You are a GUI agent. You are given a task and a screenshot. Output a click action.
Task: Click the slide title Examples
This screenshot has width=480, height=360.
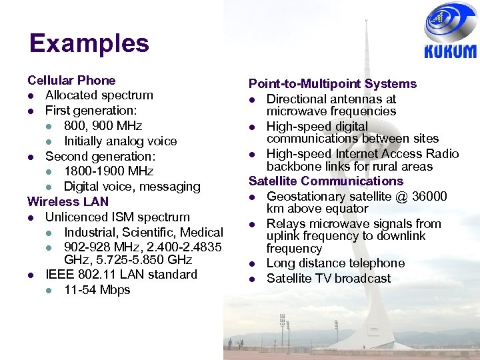tap(89, 43)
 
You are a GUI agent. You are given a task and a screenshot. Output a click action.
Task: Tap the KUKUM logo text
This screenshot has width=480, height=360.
tap(450, 52)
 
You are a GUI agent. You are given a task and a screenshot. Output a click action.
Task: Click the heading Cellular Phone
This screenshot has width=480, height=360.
tap(71, 81)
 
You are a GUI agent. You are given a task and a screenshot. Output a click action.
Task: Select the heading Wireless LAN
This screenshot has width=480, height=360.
tap(68, 201)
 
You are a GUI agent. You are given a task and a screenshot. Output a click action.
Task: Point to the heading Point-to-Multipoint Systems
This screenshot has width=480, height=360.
tap(332, 84)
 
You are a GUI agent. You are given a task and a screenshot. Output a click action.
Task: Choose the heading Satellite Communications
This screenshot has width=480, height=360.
tap(325, 181)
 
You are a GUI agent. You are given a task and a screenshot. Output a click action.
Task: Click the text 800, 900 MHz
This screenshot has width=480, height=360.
tap(103, 126)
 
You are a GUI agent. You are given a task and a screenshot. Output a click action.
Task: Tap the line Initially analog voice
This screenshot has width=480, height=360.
tap(120, 141)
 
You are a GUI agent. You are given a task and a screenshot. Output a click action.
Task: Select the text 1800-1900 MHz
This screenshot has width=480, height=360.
tap(109, 171)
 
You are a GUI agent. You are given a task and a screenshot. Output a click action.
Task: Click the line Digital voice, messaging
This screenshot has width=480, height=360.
tap(132, 187)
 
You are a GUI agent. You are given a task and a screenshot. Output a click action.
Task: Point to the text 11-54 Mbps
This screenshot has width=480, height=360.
tap(97, 290)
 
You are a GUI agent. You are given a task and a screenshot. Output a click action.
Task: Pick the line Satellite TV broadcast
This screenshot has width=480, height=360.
tap(329, 279)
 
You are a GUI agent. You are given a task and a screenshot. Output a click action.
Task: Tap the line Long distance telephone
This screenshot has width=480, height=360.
tap(335, 263)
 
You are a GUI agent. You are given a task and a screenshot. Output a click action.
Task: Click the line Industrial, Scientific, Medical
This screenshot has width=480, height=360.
tap(143, 233)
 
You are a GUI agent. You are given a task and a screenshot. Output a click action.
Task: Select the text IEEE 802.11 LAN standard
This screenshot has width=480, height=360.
tap(121, 275)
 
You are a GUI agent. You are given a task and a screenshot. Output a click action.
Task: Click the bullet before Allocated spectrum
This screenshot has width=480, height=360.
tap(31, 96)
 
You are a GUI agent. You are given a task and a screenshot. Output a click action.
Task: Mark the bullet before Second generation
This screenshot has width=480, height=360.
tap(31, 157)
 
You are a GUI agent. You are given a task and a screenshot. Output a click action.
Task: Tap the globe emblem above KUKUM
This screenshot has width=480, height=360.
tap(450, 23)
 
